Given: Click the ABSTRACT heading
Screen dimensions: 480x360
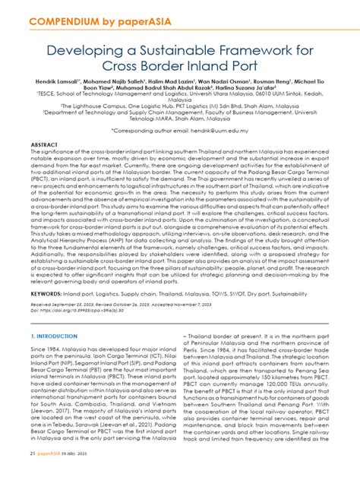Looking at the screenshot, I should pyautogui.click(x=45, y=143).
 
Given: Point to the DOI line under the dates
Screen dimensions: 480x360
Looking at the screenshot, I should pyautogui.click(x=72, y=289).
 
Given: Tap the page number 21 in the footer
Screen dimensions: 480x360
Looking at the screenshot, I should pyautogui.click(x=33, y=474).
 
